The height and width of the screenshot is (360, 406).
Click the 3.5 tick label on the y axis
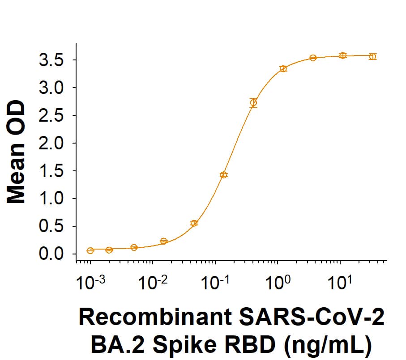click(51, 60)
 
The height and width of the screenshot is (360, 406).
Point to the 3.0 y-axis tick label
click(51, 88)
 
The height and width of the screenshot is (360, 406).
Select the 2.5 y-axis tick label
click(51, 116)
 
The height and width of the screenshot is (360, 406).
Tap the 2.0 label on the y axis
click(51, 144)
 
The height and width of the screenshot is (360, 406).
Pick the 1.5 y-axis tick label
click(51, 171)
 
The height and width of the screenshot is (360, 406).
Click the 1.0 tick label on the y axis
click(51, 199)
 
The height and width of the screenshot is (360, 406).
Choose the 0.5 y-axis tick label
click(51, 226)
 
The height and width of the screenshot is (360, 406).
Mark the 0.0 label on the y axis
click(51, 254)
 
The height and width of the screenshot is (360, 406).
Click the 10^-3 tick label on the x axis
click(91, 283)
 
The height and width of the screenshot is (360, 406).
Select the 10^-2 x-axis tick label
click(153, 283)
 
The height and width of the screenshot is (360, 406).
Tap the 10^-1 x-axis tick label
click(215, 283)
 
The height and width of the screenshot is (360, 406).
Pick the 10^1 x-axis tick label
click(342, 283)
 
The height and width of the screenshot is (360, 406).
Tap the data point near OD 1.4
click(224, 175)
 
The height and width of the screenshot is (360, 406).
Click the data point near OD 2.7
click(253, 103)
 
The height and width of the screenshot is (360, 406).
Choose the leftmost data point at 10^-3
click(90, 250)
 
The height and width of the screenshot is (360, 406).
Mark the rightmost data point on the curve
click(372, 56)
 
